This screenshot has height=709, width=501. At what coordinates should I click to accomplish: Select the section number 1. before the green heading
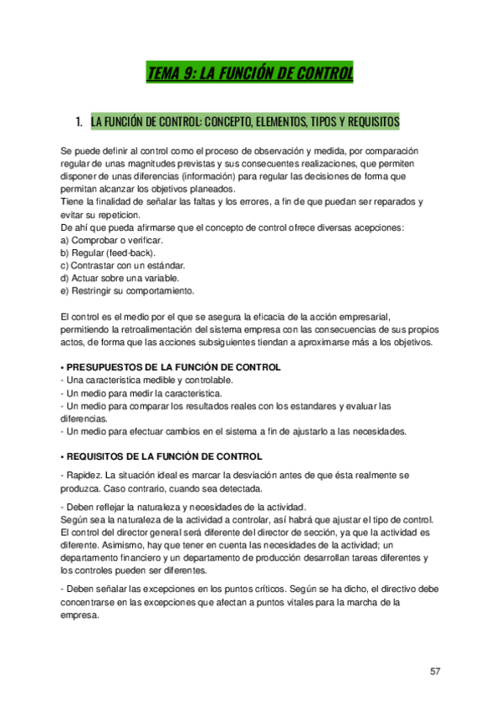coord(79,122)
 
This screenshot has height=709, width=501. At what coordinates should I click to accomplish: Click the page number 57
coord(435,671)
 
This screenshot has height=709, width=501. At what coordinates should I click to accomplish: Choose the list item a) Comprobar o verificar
coord(108,241)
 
